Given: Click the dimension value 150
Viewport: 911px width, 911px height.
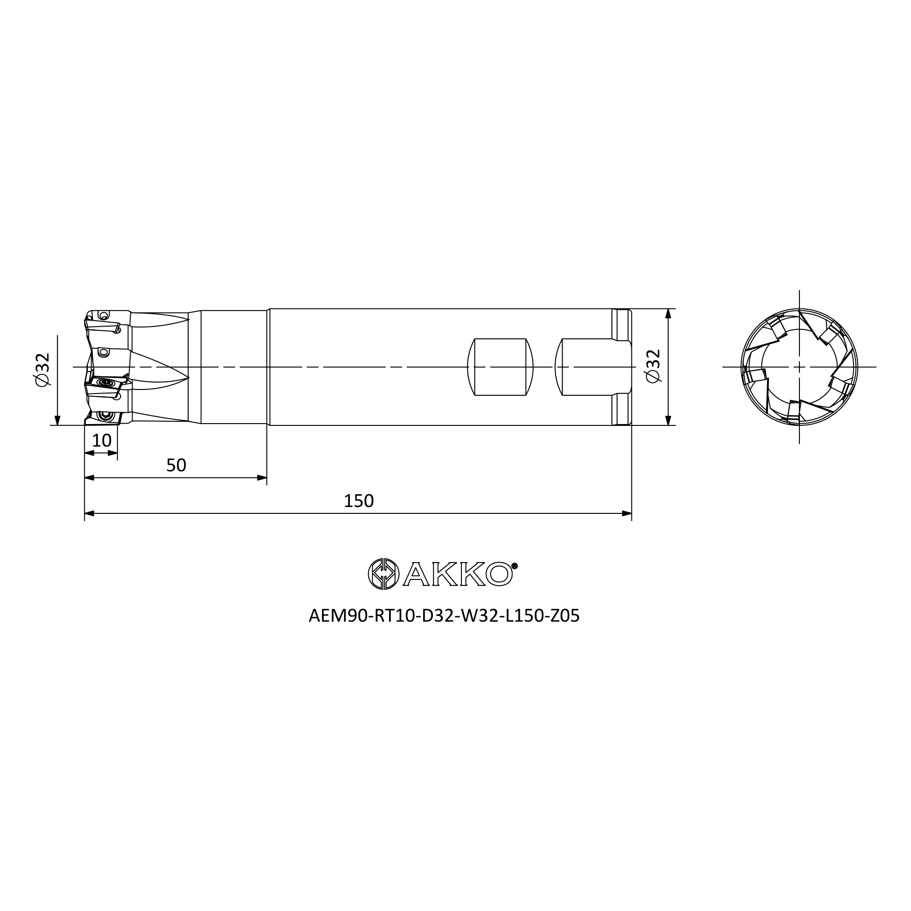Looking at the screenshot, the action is pos(358,501).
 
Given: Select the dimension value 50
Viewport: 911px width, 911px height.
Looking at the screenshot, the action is pos(176,466).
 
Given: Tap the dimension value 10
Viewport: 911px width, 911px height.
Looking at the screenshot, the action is pos(102,440).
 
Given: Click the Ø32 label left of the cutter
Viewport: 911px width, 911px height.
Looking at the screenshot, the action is pos(42,369).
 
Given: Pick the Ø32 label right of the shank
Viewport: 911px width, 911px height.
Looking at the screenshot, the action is pos(654,366).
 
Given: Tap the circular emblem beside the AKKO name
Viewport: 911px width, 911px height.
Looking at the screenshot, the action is pos(384,574).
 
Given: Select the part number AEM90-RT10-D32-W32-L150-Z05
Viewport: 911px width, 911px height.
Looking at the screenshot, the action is pos(444,616).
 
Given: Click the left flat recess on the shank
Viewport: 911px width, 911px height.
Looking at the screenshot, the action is pos(500,367).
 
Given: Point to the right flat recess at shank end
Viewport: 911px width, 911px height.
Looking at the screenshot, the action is pos(593,367).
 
